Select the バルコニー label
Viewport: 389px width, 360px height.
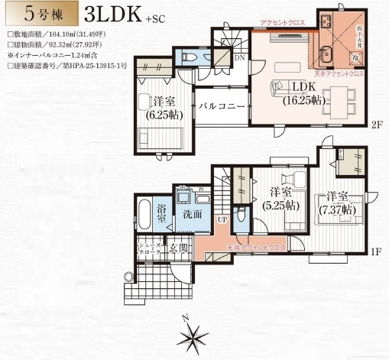[x=222, y=107]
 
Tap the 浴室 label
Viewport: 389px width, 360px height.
[x=162, y=213]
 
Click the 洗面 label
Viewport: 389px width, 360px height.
[x=193, y=215]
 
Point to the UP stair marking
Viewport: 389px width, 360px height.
[x=223, y=220]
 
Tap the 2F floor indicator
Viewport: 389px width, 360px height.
[x=377, y=124]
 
